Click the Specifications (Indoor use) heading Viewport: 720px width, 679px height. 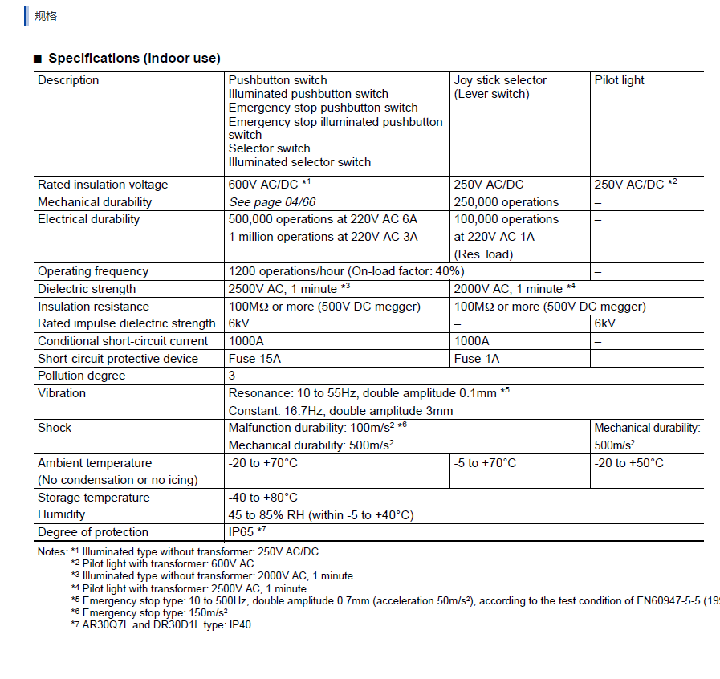pos(134,58)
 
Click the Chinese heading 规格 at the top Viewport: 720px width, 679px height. pos(46,15)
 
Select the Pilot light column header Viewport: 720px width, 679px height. pos(619,80)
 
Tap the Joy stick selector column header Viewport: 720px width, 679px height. pos(500,80)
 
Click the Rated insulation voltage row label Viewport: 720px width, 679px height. pos(103,185)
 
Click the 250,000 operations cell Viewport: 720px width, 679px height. pos(506,202)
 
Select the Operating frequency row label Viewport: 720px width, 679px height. pos(93,271)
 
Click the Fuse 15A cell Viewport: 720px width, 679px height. pos(254,359)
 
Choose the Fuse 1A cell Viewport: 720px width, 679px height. pos(476,359)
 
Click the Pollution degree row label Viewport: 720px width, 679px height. pos(81,376)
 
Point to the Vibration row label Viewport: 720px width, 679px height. pos(62,393)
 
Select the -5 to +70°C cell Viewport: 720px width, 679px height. pos(485,463)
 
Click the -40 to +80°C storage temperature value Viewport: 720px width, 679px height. pos(262,498)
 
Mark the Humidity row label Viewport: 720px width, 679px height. pos(61,514)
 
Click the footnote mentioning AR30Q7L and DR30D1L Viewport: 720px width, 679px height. pos(161,624)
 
